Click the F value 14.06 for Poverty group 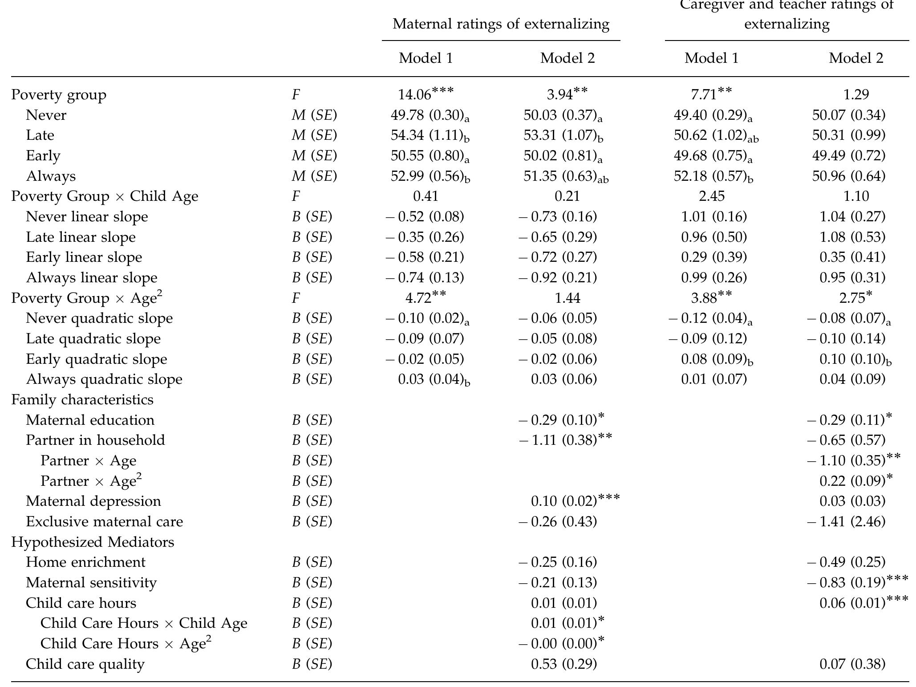point(425,94)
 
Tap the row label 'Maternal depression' point(93,501)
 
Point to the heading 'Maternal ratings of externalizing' point(501,24)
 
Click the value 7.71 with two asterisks point(711,94)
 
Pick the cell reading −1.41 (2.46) point(846,521)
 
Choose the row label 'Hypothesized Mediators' point(93,542)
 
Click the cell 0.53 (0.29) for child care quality point(563,664)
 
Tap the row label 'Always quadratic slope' point(104,379)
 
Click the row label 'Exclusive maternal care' point(104,521)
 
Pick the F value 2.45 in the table point(711,196)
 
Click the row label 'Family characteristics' point(82,399)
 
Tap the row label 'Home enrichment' point(85,562)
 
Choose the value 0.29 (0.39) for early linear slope point(713,257)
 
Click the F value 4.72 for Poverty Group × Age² point(425,298)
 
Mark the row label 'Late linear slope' point(81,237)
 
